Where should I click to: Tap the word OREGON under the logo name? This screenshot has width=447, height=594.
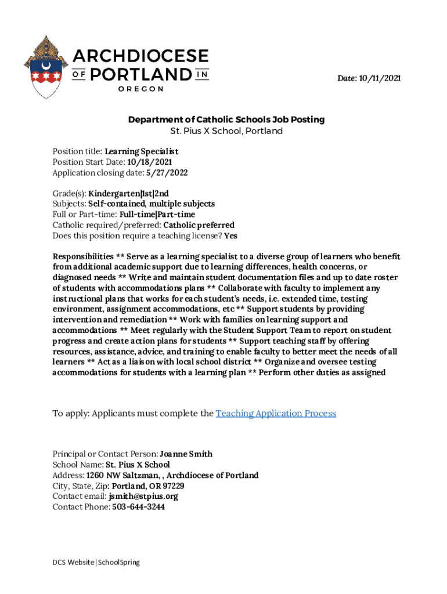click(x=140, y=89)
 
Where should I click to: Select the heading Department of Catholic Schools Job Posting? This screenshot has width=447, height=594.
click(x=226, y=119)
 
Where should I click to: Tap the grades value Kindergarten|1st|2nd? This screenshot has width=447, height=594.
click(x=129, y=193)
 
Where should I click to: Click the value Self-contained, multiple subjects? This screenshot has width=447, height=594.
click(x=151, y=204)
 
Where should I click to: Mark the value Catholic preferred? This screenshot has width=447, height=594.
click(x=199, y=225)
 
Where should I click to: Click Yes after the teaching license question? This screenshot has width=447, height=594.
click(x=230, y=236)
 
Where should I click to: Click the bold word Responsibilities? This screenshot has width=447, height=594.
click(x=83, y=257)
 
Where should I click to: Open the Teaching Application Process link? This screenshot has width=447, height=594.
click(x=276, y=414)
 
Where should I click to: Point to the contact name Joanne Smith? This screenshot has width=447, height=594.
click(x=186, y=454)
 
